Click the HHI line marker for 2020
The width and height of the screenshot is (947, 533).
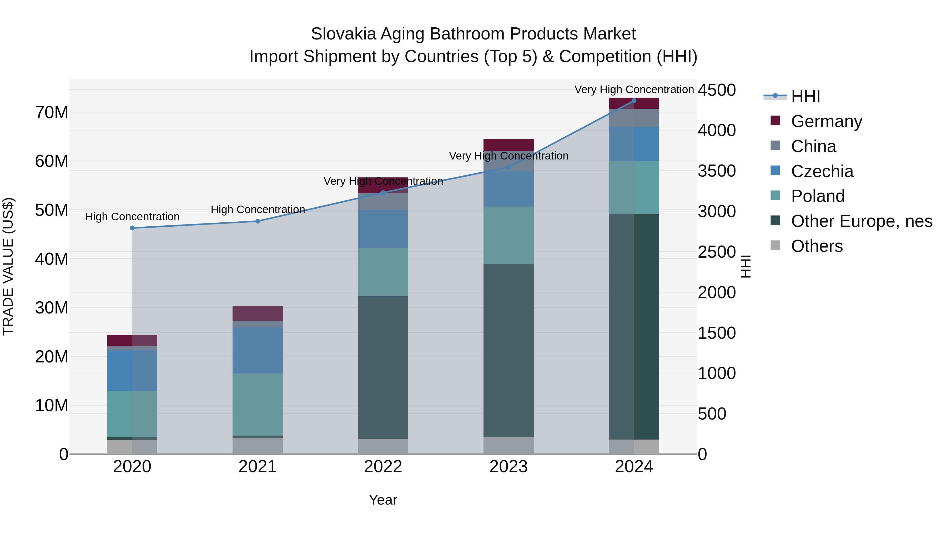132,228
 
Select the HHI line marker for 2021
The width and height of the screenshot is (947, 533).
258,221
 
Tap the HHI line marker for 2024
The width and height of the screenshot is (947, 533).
634,101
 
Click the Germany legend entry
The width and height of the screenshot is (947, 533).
826,121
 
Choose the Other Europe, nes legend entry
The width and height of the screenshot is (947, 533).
861,221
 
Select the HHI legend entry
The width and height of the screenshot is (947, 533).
805,96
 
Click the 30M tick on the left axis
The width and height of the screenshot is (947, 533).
52,307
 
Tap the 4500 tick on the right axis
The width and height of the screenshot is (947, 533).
717,90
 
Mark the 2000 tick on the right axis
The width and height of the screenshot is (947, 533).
717,292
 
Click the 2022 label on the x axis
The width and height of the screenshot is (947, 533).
383,467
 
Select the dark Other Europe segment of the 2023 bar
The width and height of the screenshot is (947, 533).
508,350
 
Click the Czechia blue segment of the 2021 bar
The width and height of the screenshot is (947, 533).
258,350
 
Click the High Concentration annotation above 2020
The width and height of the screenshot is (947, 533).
132,217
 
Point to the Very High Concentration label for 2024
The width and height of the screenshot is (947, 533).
634,89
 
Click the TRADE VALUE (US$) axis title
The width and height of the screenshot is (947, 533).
8,266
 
